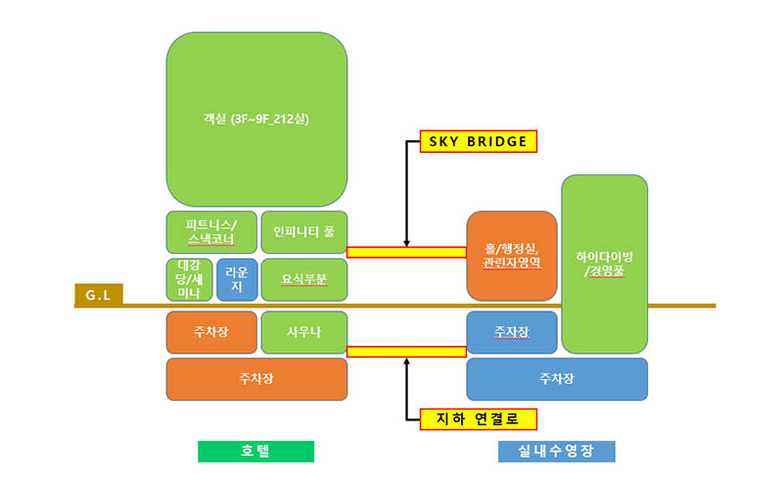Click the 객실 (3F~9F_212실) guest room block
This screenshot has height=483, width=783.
tap(257, 119)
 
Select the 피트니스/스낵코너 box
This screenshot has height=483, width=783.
tap(209, 231)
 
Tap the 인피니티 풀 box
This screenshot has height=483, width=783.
tap(304, 231)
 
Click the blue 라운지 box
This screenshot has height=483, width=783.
tap(237, 279)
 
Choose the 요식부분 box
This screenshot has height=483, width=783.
tap(304, 279)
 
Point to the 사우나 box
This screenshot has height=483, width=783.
tap(304, 332)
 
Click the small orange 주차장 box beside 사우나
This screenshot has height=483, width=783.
tap(209, 332)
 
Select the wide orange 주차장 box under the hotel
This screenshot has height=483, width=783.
tap(256, 378)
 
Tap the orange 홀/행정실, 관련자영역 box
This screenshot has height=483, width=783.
tap(512, 256)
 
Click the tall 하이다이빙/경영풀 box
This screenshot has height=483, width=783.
tap(604, 263)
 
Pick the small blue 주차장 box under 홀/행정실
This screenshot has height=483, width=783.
tap(512, 332)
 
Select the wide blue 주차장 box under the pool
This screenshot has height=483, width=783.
tap(557, 378)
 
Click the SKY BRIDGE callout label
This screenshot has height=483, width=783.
tap(478, 142)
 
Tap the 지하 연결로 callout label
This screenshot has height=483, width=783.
tap(478, 419)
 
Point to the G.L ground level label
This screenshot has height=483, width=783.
tap(97, 293)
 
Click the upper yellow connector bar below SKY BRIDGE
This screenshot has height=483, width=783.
tap(406, 252)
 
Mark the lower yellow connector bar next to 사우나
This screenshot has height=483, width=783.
tap(406, 351)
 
